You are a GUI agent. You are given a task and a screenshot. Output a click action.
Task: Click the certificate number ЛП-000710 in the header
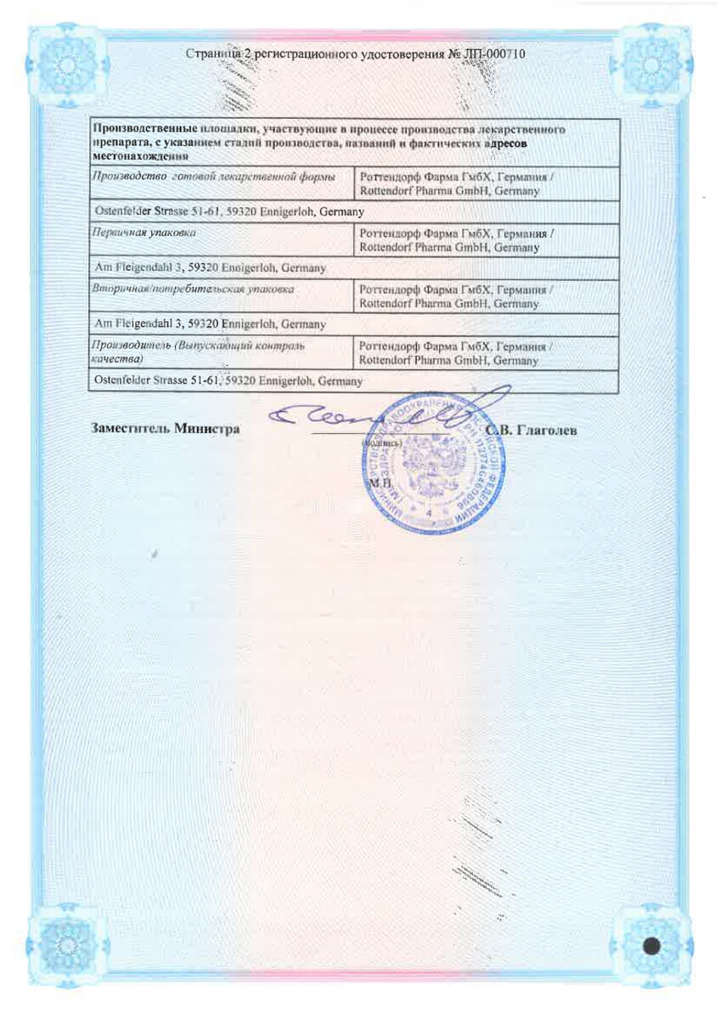(493, 54)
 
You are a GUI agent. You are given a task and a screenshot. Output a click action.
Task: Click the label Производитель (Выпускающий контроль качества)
(199, 352)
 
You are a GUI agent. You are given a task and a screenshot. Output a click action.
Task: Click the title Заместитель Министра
(166, 429)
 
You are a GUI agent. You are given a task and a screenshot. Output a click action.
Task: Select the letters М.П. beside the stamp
(376, 482)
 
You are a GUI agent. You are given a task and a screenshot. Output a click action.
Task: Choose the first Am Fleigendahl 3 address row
(211, 267)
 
